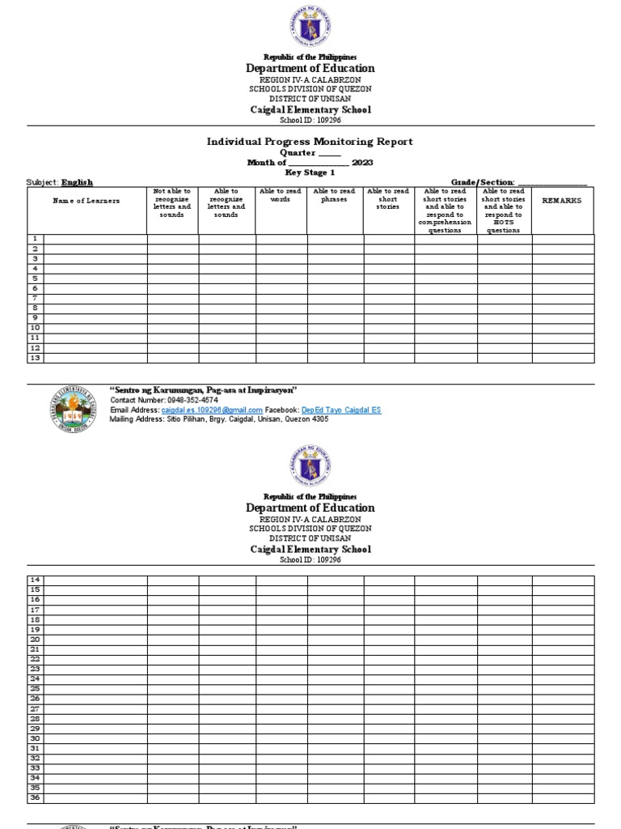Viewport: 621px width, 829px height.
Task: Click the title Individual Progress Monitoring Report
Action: click(x=310, y=142)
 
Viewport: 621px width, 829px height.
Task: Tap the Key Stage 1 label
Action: click(x=310, y=172)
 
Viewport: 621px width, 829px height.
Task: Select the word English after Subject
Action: click(x=78, y=183)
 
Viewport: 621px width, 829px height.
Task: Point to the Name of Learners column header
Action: click(x=87, y=201)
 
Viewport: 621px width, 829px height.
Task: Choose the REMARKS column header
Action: click(x=562, y=200)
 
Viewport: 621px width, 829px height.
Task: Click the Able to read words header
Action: click(x=281, y=195)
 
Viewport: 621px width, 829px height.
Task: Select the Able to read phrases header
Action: click(x=335, y=195)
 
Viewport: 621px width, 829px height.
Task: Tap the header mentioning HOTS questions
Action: click(x=504, y=210)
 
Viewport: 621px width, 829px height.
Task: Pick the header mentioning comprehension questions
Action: click(x=446, y=210)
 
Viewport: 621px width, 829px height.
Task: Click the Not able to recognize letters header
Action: click(x=172, y=203)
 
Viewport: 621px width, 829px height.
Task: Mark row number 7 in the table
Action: click(x=36, y=298)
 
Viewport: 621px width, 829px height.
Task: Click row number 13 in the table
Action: click(x=36, y=357)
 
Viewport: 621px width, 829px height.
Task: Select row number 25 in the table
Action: click(x=36, y=688)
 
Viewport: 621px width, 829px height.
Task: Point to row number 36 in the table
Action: click(x=36, y=797)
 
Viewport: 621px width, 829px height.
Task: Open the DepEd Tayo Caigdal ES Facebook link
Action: click(x=340, y=410)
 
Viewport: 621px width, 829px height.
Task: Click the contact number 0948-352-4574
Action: click(x=192, y=401)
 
